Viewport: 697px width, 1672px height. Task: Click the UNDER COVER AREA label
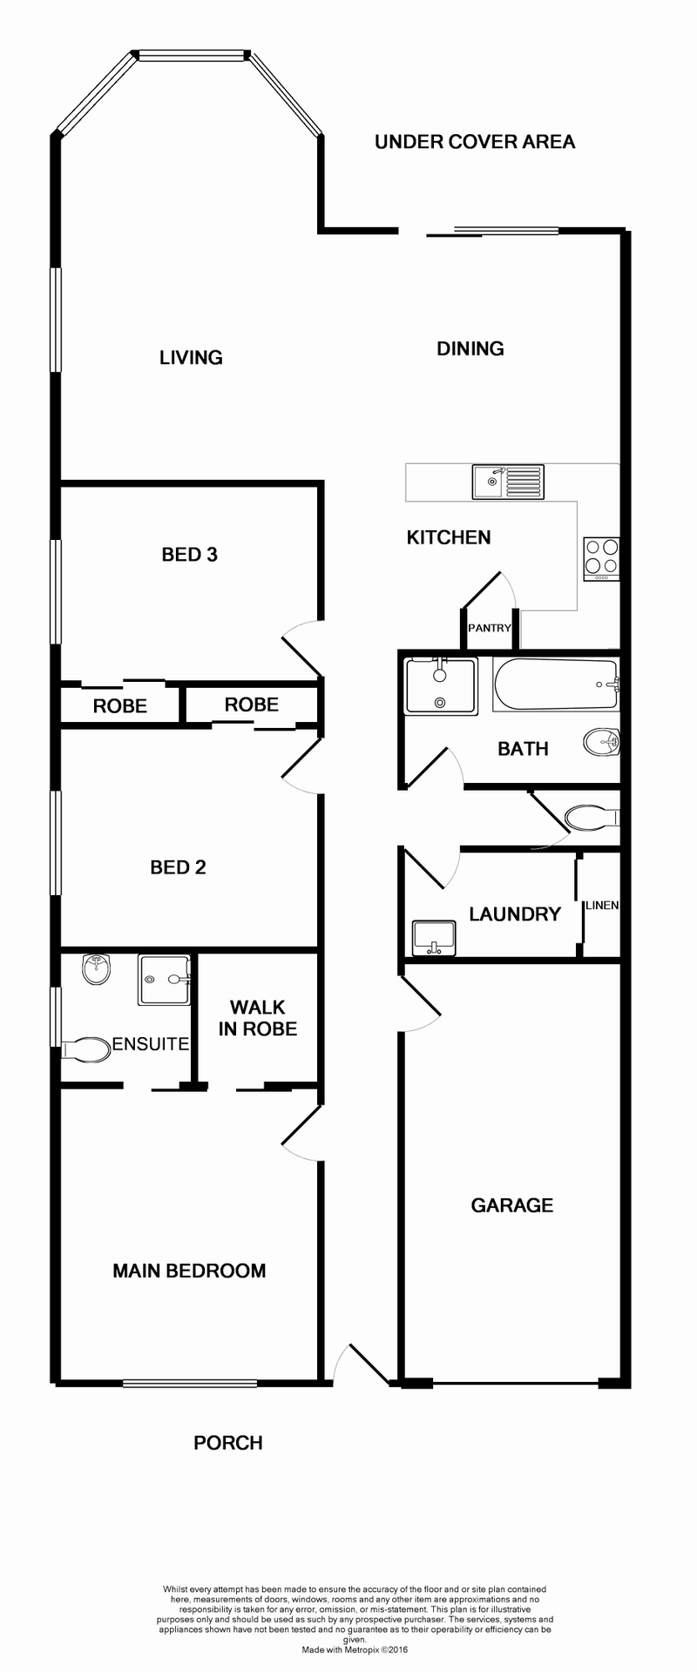tap(475, 142)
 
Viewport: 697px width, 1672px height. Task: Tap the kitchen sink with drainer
tap(508, 481)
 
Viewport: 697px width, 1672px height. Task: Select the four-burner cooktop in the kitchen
tap(601, 558)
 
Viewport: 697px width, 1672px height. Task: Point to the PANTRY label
tap(489, 628)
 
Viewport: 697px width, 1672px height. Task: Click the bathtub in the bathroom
tap(555, 684)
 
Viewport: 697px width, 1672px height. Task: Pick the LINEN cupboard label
tap(602, 905)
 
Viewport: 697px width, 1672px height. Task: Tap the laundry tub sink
tap(433, 938)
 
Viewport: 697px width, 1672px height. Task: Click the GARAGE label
tap(512, 1205)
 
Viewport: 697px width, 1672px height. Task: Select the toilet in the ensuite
tap(85, 1049)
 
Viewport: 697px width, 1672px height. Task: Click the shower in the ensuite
tap(164, 979)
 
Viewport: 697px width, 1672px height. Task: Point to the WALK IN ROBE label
tap(258, 1018)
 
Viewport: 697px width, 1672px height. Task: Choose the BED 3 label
tap(189, 555)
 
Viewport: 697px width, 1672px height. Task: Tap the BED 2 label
tap(178, 867)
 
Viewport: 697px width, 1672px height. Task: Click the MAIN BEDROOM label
tap(189, 1271)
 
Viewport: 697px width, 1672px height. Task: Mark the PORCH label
tap(228, 1443)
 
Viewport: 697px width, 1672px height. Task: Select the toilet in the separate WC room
tap(591, 818)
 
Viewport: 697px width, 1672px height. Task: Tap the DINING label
tap(470, 348)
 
